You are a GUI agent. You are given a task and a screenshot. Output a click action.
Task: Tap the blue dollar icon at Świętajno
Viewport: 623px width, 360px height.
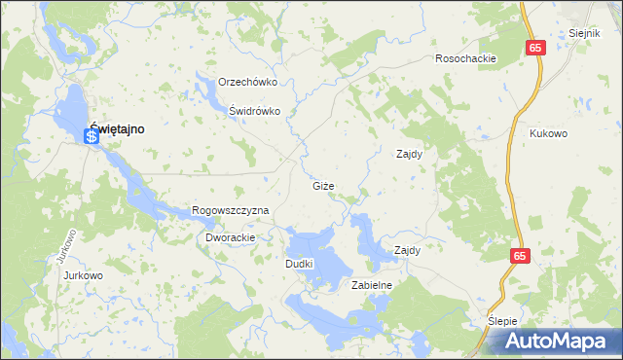92,137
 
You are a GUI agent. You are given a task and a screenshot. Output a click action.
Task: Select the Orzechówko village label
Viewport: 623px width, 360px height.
248,82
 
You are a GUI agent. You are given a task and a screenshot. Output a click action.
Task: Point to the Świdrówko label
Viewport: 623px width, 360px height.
255,111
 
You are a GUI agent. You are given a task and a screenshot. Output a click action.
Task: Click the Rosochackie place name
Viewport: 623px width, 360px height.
466,58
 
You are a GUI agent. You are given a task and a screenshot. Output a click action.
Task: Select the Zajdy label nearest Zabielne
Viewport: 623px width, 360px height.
406,250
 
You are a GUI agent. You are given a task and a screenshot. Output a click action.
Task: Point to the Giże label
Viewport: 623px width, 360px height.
323,185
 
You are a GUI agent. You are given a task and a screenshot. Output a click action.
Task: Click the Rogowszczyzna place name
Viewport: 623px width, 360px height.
230,210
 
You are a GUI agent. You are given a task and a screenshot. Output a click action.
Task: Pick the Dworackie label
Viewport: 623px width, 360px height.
230,237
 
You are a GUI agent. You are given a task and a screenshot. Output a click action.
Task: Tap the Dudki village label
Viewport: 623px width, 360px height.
298,264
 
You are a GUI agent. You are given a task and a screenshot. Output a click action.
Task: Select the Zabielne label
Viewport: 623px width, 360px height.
371,285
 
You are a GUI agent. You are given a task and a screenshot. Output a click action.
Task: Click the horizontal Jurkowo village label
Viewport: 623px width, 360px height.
83,275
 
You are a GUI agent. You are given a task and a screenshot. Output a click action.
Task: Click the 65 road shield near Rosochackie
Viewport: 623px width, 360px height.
536,47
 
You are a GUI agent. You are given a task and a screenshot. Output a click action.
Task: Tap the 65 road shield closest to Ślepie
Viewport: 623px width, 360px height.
518,254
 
